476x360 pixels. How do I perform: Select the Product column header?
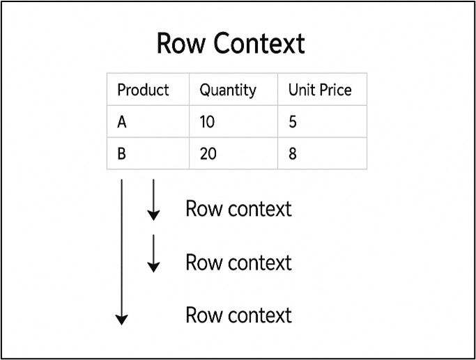pos(143,90)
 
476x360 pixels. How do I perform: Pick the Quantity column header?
pos(228,90)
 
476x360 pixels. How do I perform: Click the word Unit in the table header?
pos(301,90)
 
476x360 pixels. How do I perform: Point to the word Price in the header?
pos(335,90)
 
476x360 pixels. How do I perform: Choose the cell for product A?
pos(122,122)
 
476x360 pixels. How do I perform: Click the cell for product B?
pos(122,154)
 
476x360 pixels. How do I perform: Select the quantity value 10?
pos(207,122)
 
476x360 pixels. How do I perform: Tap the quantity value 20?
pos(208,154)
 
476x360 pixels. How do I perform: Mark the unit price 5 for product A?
pos(292,122)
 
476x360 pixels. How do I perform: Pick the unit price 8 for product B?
pos(292,154)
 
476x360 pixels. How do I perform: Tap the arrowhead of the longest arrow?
pos(122,320)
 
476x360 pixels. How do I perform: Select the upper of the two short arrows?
pos(153,200)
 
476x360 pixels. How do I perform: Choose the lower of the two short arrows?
pos(153,253)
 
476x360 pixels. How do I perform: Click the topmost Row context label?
pos(238,209)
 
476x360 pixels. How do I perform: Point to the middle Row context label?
pos(238,263)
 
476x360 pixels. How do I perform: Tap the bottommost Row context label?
pos(238,315)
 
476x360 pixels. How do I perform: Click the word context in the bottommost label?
pos(259,315)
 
